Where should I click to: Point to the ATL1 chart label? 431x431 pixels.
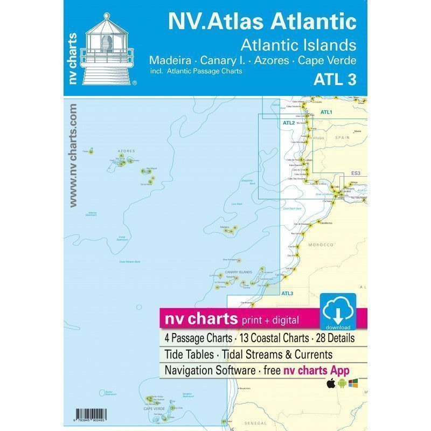[326, 112]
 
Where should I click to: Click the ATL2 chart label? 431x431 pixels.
[289, 123]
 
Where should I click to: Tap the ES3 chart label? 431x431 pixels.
[356, 173]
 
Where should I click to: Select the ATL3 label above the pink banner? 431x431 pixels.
[287, 293]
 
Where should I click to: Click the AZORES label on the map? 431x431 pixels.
[126, 151]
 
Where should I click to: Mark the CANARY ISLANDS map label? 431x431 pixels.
[239, 272]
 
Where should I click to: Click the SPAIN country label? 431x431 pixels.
[343, 138]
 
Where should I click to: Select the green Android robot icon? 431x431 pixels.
[343, 384]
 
